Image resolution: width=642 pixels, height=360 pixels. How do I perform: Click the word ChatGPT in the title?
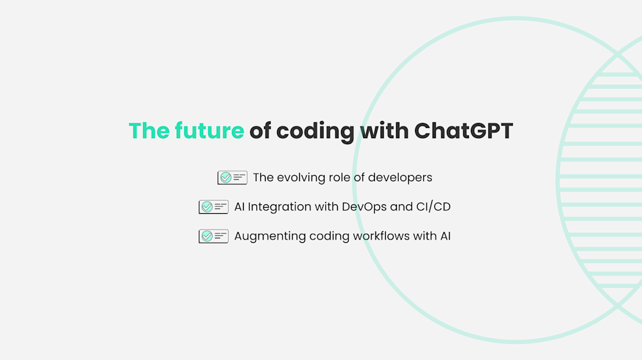(463, 131)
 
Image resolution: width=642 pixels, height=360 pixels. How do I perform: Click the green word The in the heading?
(149, 131)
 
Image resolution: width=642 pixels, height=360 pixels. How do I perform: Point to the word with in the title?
(384, 131)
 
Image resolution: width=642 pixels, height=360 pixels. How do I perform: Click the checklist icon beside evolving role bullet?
(232, 177)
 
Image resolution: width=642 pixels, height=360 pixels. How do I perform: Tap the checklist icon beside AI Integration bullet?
(213, 207)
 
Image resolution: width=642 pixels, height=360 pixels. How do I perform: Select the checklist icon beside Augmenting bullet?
(213, 236)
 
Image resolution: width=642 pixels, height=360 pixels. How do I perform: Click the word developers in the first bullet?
(400, 177)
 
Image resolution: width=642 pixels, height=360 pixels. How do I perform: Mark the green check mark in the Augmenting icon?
(207, 236)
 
